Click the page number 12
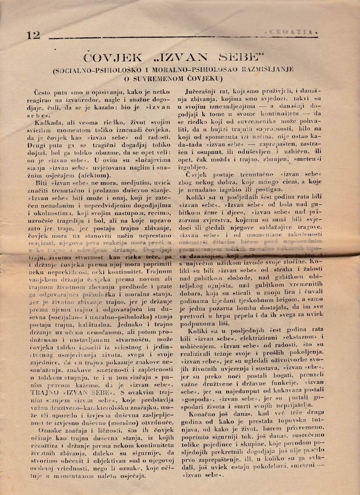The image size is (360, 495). (x=33, y=35)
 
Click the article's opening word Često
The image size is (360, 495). (x=44, y=92)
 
